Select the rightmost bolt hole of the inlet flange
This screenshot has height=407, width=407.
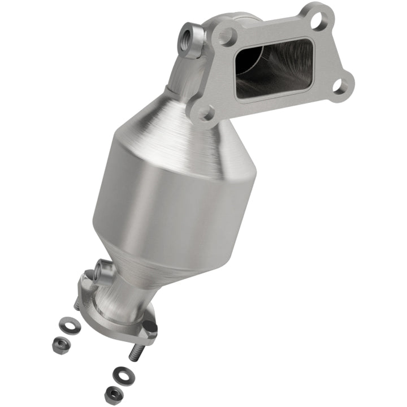tap(339, 86)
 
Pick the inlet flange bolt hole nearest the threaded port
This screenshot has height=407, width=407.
tap(227, 37)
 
